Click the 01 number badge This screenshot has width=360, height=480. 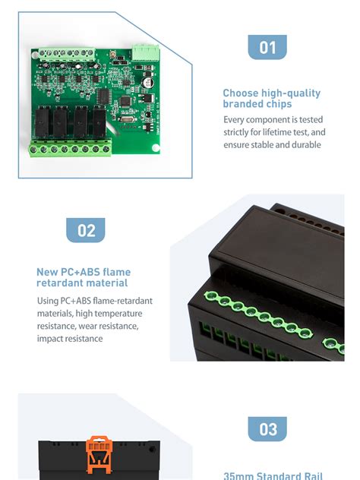tap(267, 48)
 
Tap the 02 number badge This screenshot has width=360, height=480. tap(86, 230)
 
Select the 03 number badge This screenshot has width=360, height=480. tap(267, 429)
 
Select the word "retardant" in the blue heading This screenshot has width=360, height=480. tap(60, 283)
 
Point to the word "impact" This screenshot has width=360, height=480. tap(52, 338)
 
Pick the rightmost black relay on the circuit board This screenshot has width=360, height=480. tap(96, 119)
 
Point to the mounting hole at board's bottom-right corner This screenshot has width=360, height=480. tap(154, 146)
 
